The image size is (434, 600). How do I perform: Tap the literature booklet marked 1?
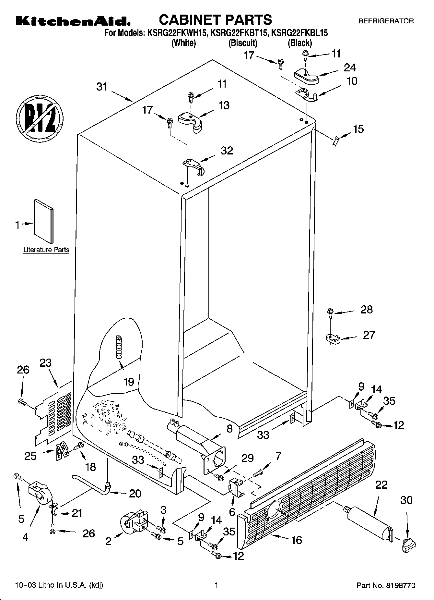44,221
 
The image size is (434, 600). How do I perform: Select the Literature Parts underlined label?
46,250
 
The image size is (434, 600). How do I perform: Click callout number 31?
102,87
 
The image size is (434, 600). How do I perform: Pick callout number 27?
369,335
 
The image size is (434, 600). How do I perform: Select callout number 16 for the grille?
297,540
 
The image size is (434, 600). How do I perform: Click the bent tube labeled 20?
92,485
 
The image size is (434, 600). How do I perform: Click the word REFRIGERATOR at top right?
386,21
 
